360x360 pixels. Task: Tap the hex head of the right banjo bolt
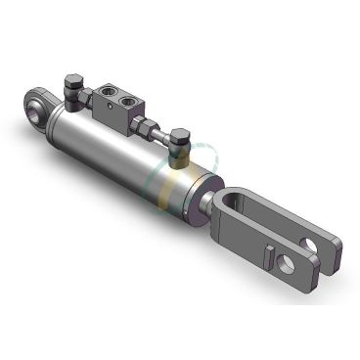click(x=180, y=136)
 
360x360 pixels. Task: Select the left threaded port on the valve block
click(x=105, y=95)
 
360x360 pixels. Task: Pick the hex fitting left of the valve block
click(x=86, y=99)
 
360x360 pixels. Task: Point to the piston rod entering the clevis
click(x=213, y=205)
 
